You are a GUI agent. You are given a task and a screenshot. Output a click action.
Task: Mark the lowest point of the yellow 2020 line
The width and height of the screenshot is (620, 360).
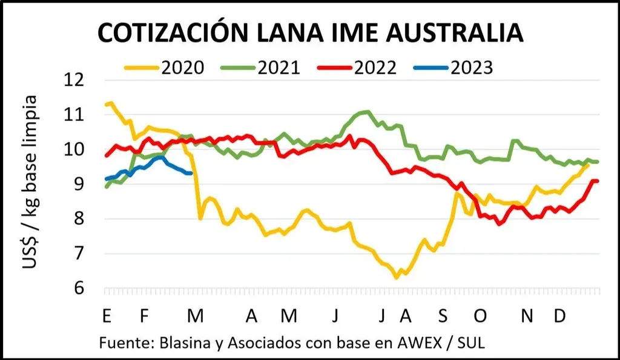[397, 278]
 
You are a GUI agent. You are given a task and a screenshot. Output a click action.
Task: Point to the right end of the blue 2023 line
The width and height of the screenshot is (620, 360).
[191, 173]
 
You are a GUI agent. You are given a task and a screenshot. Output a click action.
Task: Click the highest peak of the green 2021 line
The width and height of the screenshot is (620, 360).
[367, 111]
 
